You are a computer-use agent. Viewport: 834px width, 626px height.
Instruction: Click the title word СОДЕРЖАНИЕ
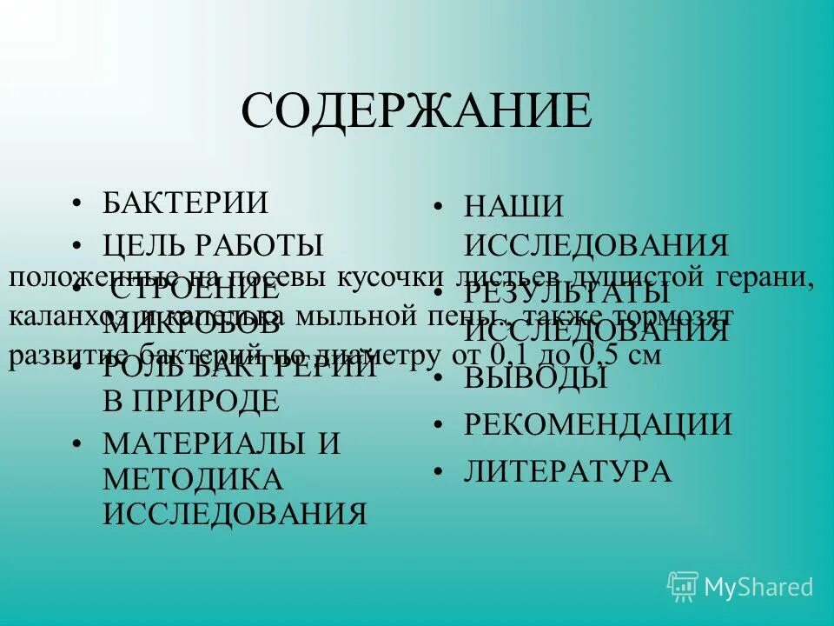point(416,111)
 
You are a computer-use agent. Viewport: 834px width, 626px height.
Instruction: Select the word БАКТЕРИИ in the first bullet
point(185,203)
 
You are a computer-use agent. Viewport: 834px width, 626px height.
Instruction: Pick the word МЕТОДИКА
point(193,479)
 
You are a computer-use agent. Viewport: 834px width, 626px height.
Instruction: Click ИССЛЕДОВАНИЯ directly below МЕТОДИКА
point(235,514)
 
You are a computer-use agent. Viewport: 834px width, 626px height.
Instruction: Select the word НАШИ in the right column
point(514,207)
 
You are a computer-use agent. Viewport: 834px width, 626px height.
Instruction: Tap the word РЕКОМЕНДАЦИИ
point(598,424)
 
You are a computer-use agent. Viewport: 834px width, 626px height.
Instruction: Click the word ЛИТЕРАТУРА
point(567,471)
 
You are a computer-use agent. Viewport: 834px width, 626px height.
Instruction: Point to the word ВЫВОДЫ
point(535,378)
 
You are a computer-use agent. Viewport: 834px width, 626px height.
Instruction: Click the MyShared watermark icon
point(683,586)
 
